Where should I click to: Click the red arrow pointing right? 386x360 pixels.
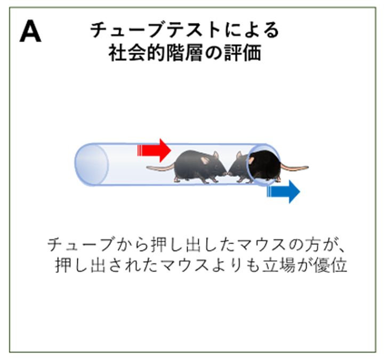[x=154, y=150]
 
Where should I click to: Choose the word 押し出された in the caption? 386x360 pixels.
[x=107, y=266]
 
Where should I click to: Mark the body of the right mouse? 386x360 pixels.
[x=261, y=165]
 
